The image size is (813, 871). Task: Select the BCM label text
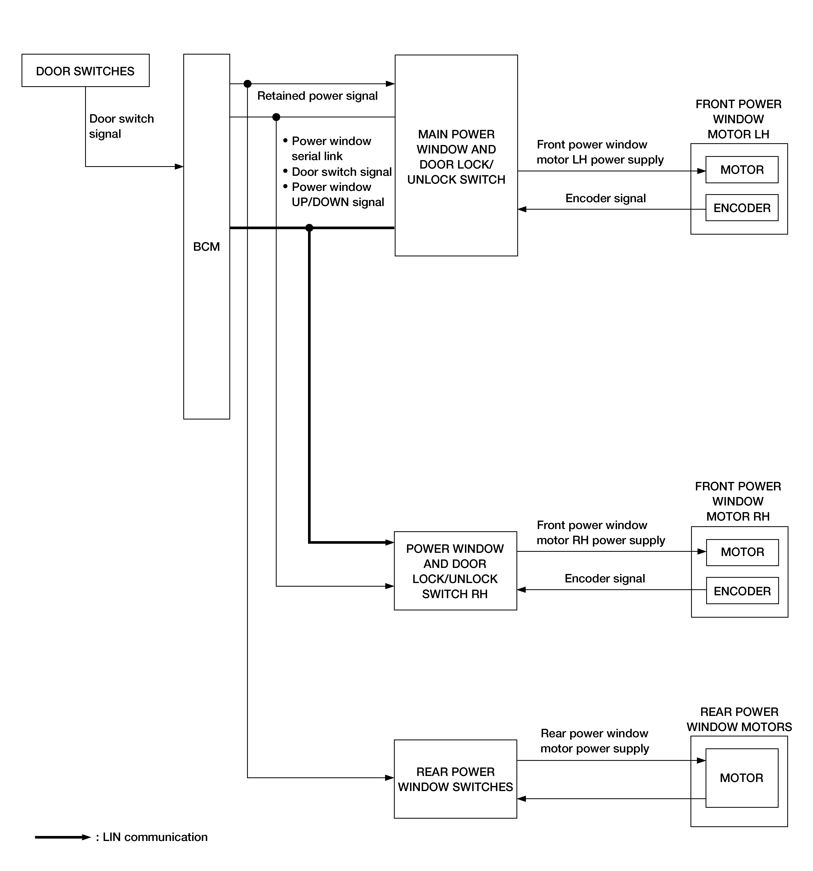pos(206,247)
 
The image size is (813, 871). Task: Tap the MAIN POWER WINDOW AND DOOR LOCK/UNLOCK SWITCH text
pos(456,157)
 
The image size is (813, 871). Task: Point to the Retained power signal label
pos(317,96)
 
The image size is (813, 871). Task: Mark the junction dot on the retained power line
pos(247,84)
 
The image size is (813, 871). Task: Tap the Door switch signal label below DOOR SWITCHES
pos(121,126)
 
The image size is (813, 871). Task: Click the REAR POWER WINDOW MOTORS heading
pos(739,719)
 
